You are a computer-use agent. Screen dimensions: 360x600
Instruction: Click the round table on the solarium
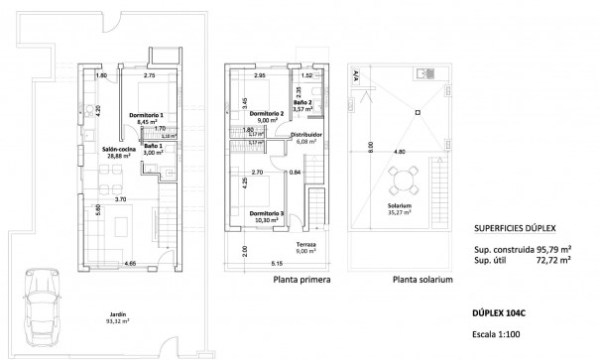click(x=402, y=180)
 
